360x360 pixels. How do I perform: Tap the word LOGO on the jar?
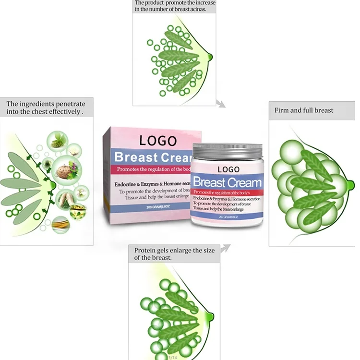point(228,169)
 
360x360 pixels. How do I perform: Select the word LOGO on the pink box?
point(157,140)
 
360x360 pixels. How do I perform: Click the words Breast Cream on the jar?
point(228,182)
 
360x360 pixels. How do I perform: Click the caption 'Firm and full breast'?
point(304,110)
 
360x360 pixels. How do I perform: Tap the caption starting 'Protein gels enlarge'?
point(166,253)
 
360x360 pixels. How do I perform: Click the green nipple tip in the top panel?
point(209,58)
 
